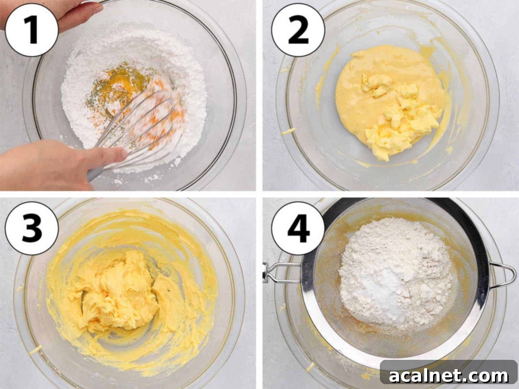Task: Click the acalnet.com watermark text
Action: (448, 376)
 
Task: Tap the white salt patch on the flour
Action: (384, 289)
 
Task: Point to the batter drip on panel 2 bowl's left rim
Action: (287, 132)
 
